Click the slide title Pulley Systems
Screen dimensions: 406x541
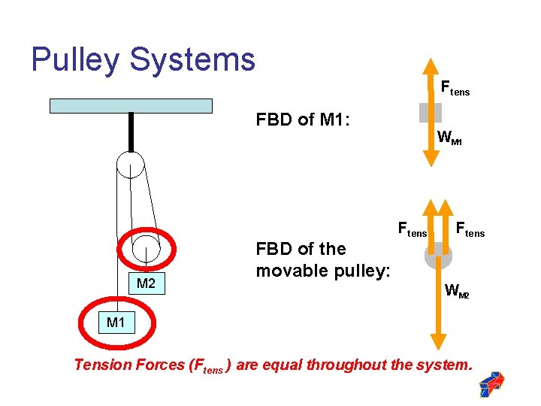click(x=143, y=59)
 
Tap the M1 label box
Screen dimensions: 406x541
click(x=116, y=323)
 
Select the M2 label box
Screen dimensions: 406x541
click(x=146, y=283)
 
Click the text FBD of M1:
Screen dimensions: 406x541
click(x=304, y=120)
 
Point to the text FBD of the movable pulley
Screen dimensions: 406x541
click(x=322, y=259)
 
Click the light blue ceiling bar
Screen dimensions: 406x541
click(x=131, y=105)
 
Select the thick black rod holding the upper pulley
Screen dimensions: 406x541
click(x=131, y=132)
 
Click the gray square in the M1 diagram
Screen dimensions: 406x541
click(x=431, y=112)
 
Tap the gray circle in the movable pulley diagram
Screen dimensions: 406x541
click(x=439, y=255)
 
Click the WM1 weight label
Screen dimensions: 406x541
click(x=449, y=138)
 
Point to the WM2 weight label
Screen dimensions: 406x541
click(x=456, y=290)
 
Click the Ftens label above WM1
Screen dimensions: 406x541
click(x=455, y=89)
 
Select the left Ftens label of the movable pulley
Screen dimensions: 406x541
click(x=412, y=229)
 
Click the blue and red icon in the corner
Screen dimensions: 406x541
click(x=491, y=383)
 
